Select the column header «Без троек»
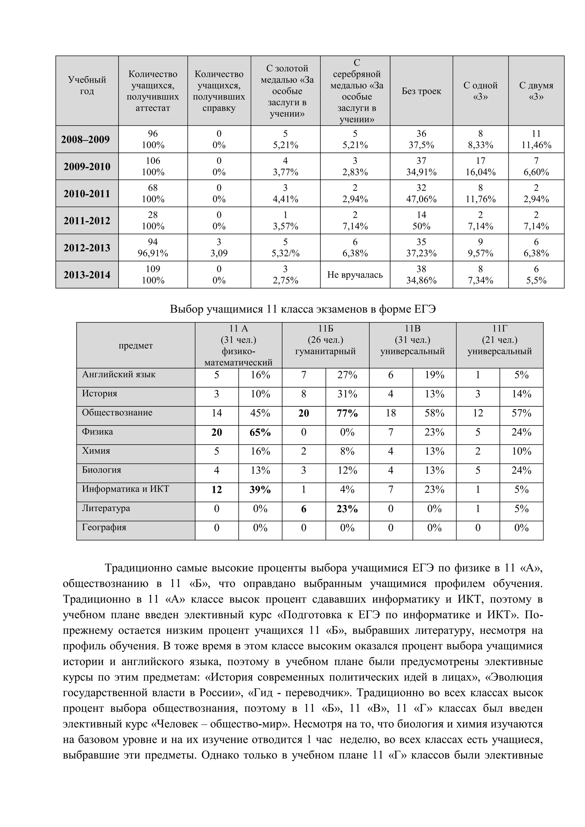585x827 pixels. (x=421, y=91)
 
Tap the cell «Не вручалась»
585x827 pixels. (x=355, y=275)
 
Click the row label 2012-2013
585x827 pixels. (x=87, y=248)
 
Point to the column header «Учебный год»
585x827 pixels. (x=87, y=85)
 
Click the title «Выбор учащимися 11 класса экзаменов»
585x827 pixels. (x=302, y=309)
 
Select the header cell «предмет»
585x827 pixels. (x=136, y=346)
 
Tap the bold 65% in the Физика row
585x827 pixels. (x=260, y=433)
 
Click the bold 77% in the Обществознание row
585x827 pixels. (x=347, y=413)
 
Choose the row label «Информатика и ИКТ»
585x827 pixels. (x=125, y=489)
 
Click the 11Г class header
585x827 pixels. (x=499, y=340)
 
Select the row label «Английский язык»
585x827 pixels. (x=119, y=375)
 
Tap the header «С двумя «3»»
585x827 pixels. (x=536, y=91)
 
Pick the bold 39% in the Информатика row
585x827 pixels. (x=260, y=490)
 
